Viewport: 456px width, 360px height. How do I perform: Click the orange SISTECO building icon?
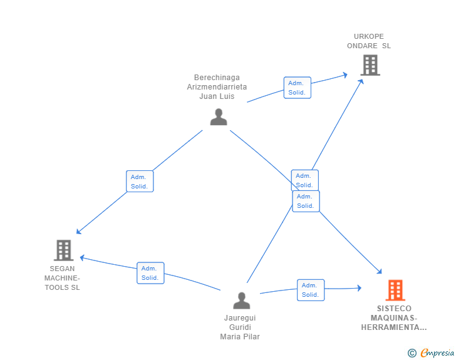[395, 290]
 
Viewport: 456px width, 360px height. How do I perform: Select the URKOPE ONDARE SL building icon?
[370, 65]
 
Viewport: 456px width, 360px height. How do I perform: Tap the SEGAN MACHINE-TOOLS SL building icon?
[64, 250]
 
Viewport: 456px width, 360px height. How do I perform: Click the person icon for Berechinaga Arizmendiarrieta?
[219, 117]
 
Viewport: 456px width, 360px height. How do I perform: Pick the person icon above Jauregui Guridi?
[242, 301]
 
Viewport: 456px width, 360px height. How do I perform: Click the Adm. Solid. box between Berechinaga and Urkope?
[297, 88]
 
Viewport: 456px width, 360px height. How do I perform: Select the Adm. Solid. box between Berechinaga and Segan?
[140, 181]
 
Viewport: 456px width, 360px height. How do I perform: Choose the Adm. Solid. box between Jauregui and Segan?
[150, 273]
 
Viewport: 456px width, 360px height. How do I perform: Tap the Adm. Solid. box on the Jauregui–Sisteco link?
[311, 290]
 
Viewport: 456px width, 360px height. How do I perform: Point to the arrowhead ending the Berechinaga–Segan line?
[78, 232]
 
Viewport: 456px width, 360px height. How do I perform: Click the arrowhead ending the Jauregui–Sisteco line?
[359, 288]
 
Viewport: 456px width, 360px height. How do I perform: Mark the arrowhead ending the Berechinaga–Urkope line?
[345, 75]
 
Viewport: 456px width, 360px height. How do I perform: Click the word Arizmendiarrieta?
[217, 86]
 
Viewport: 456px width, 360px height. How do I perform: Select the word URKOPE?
[369, 36]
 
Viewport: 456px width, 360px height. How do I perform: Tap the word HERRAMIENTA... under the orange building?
[394, 327]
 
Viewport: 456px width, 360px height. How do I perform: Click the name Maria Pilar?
[240, 336]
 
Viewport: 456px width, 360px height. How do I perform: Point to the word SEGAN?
[62, 269]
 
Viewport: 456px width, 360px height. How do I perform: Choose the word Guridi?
[240, 327]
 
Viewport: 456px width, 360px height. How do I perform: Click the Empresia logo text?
[437, 352]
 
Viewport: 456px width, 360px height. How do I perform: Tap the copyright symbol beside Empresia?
[412, 353]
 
